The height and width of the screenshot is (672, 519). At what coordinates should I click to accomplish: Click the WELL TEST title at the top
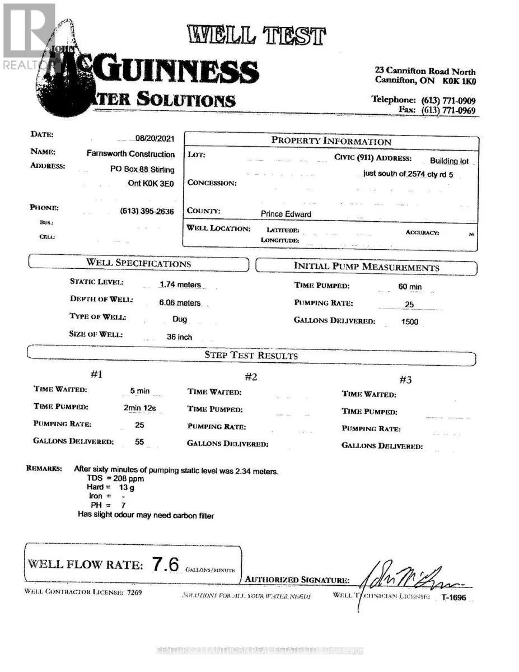257,35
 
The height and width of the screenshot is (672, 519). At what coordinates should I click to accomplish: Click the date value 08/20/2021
155,139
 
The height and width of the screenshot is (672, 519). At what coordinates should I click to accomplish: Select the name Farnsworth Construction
130,153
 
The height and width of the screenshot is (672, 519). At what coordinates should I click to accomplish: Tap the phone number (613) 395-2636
147,212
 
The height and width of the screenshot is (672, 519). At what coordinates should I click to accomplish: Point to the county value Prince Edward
286,214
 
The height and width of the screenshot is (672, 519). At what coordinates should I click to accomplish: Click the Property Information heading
331,141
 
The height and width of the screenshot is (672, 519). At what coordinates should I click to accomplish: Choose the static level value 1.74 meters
180,284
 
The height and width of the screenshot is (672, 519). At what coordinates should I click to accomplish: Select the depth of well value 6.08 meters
180,302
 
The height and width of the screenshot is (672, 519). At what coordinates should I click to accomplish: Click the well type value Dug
180,319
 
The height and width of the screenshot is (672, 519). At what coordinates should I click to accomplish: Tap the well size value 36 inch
180,337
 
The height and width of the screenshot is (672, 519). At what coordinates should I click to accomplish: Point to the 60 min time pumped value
410,287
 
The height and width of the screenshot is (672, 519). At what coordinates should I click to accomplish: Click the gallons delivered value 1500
409,322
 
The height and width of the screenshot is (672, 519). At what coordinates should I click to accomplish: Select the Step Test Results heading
251,356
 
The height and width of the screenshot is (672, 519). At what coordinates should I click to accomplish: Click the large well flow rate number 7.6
165,564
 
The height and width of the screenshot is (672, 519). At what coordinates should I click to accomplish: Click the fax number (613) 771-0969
448,110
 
